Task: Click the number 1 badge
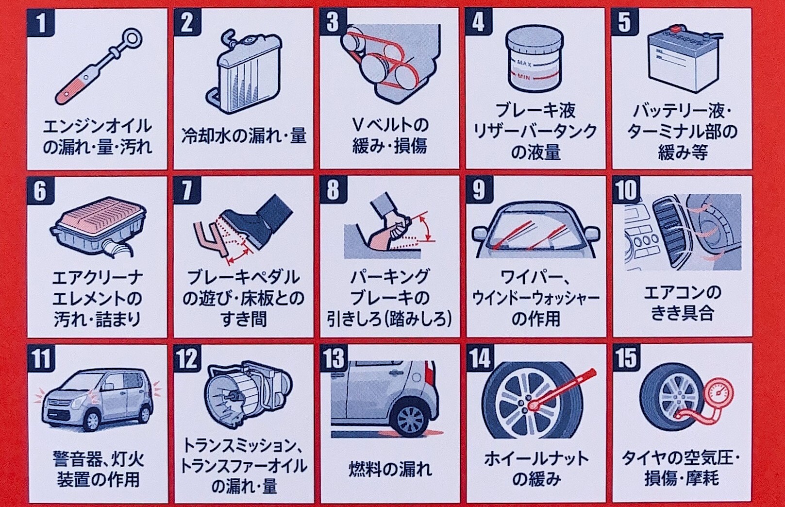pyautogui.click(x=41, y=22)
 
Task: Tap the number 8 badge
pyautogui.click(x=333, y=189)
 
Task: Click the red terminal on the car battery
pyautogui.click(x=675, y=28)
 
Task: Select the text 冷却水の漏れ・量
pyautogui.click(x=244, y=135)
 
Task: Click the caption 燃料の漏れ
pyautogui.click(x=390, y=469)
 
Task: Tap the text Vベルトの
pyautogui.click(x=390, y=125)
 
